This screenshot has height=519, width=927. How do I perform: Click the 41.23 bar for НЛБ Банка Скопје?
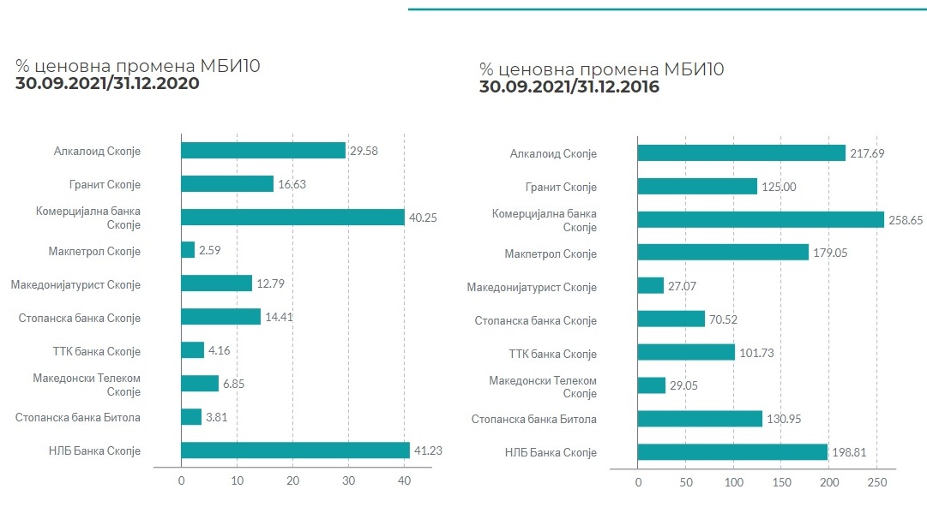click(x=295, y=450)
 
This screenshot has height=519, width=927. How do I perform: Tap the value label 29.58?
click(x=364, y=151)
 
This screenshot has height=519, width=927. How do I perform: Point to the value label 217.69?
click(x=866, y=154)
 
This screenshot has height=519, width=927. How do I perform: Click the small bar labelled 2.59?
click(x=188, y=250)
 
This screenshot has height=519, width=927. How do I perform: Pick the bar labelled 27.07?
click(x=651, y=285)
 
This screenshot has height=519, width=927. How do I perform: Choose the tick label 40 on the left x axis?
click(x=404, y=482)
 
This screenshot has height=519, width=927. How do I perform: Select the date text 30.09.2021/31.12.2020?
click(x=107, y=84)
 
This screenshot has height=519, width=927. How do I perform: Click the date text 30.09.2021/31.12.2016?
click(x=569, y=86)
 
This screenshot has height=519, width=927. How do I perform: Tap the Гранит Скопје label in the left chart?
click(x=105, y=184)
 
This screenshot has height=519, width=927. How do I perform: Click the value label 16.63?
click(x=293, y=184)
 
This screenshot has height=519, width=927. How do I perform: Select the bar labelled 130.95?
click(x=700, y=419)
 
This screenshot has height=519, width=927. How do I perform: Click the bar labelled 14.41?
click(x=220, y=317)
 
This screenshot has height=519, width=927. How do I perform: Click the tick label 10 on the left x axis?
click(x=238, y=482)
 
